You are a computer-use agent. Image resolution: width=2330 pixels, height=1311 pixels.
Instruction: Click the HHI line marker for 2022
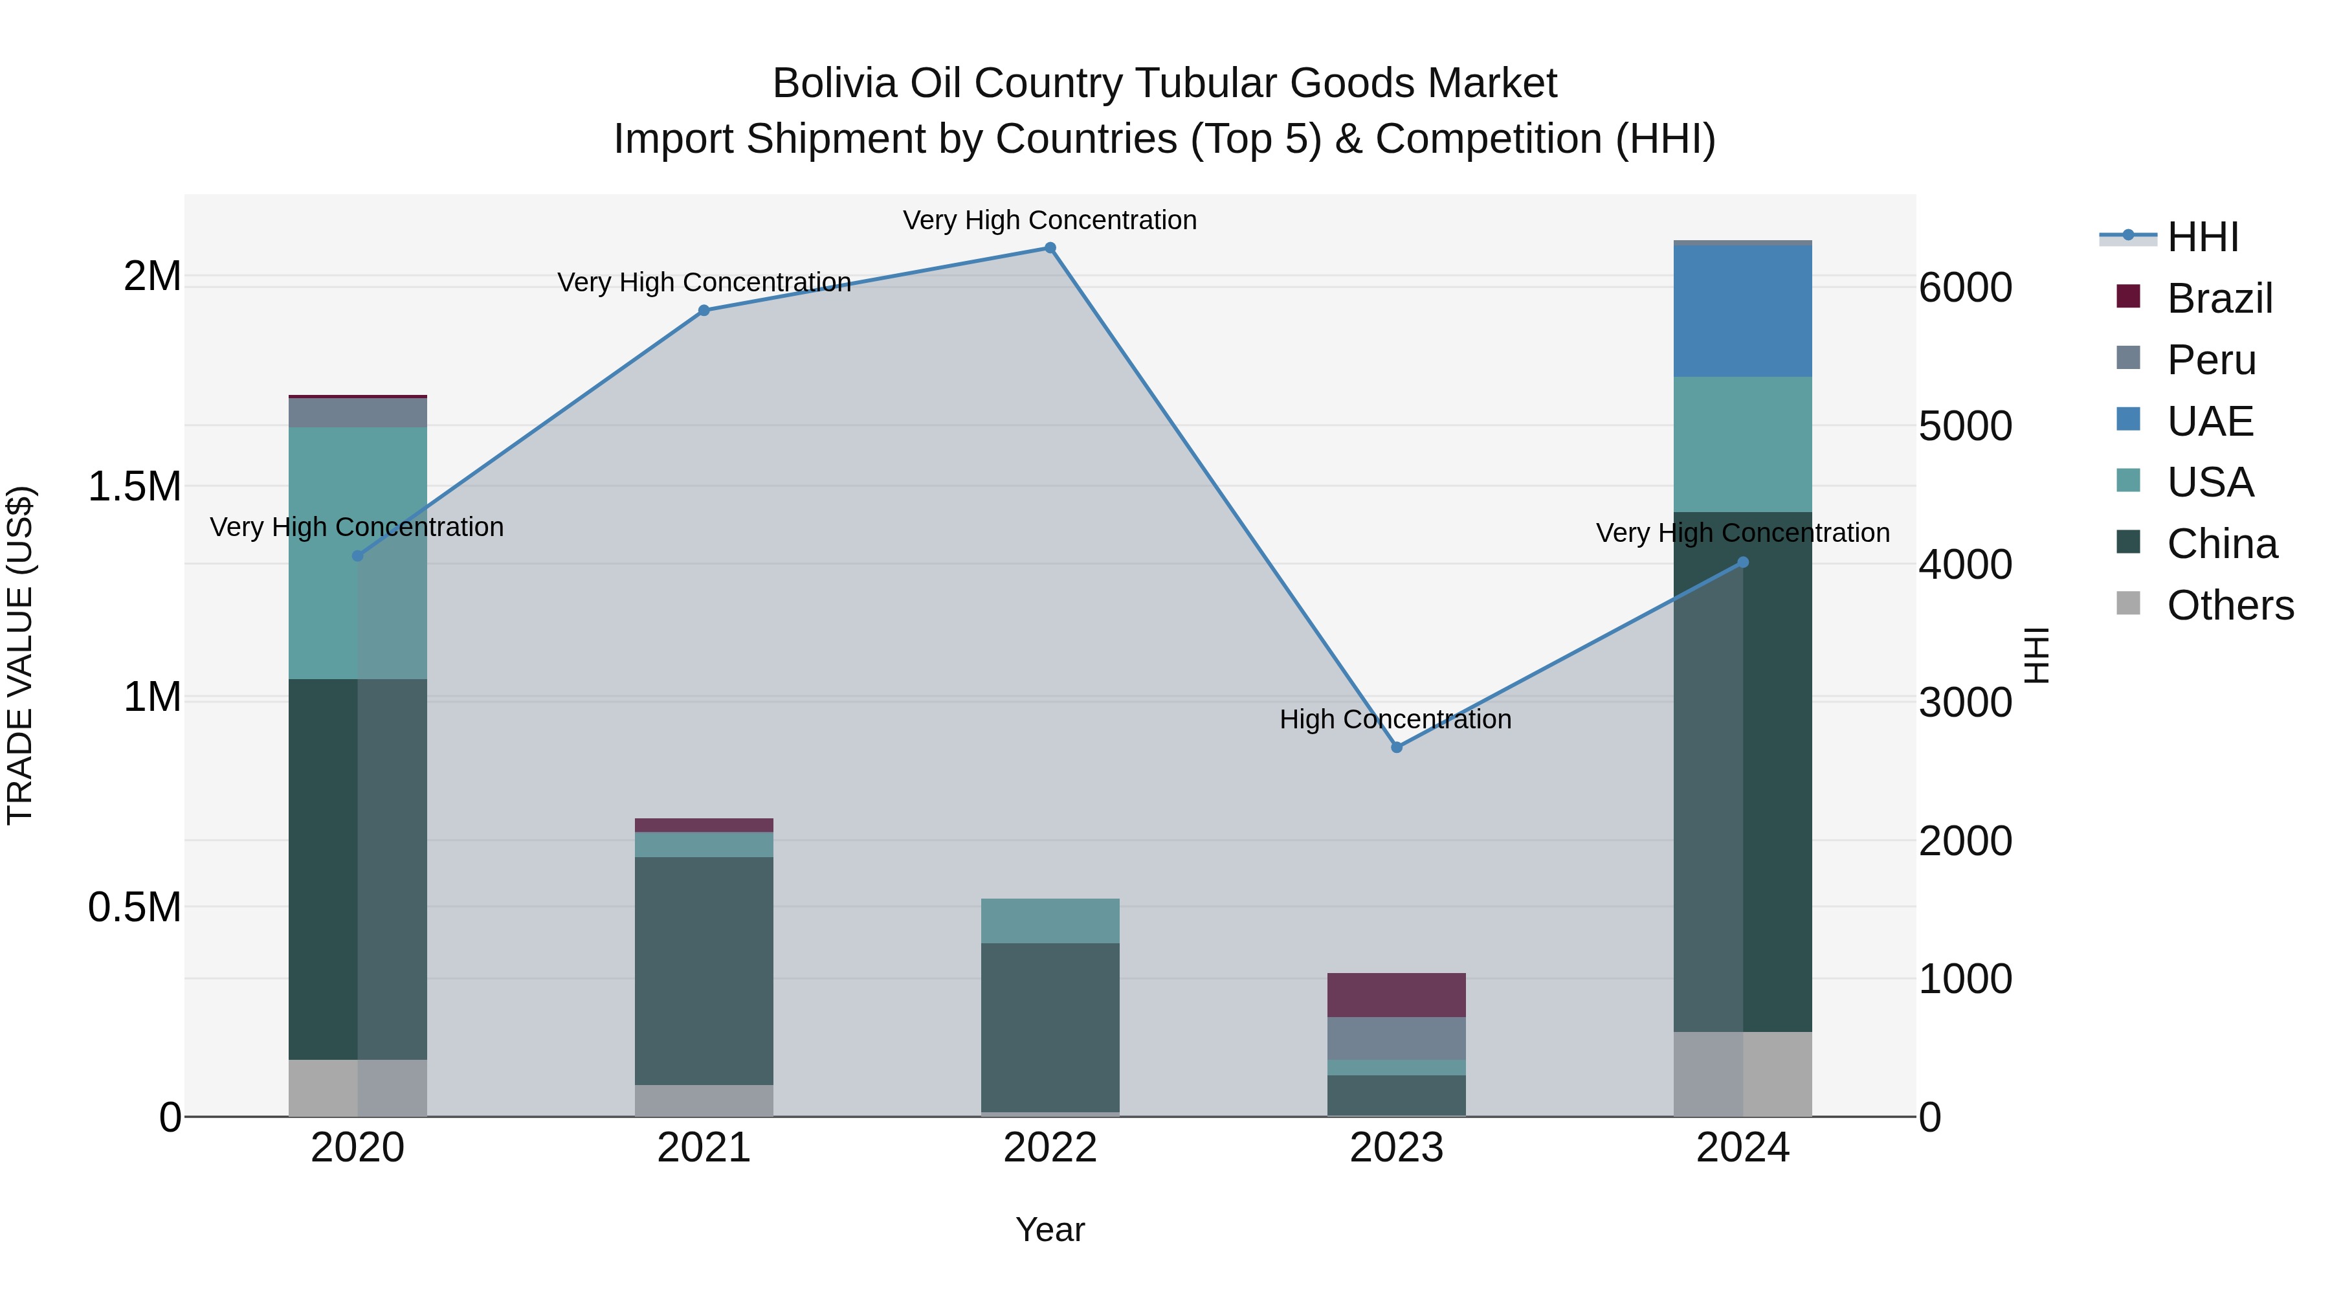[x=1050, y=248]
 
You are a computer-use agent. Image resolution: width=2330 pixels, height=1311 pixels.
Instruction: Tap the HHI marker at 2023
[x=1397, y=747]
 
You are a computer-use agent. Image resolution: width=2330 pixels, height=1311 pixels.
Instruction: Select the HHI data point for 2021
[x=704, y=310]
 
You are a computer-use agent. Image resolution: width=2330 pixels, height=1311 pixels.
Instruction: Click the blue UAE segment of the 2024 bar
[x=1743, y=311]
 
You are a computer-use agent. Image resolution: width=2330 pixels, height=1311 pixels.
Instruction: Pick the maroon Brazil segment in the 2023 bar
[x=1397, y=995]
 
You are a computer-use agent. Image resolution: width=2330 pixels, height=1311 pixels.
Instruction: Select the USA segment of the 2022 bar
[x=1050, y=921]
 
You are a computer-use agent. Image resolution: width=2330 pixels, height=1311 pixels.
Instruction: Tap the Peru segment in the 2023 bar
[x=1397, y=1038]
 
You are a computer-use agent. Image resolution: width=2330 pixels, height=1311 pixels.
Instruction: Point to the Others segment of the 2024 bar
[x=1743, y=1074]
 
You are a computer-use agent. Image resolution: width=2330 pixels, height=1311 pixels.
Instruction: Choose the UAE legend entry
[x=2210, y=421]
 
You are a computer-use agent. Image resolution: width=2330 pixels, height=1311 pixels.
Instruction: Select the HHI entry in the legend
[x=2203, y=237]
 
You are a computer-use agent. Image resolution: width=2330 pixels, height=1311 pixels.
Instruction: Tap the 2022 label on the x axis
[x=1050, y=1148]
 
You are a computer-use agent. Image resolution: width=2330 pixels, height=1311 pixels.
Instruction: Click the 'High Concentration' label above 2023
[x=1395, y=719]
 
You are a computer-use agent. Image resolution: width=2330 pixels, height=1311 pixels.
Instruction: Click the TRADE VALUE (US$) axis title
[x=20, y=655]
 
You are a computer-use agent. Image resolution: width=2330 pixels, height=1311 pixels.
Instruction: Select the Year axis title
[x=1050, y=1229]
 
